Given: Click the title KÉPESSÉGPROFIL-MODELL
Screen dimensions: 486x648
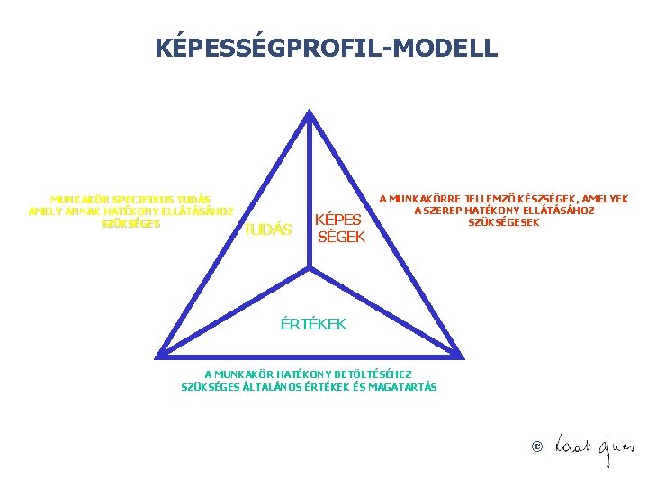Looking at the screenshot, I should pos(326,48).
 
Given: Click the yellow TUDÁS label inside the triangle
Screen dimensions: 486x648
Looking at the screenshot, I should pos(269,229).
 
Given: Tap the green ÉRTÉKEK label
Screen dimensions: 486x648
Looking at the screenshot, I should pos(312,323).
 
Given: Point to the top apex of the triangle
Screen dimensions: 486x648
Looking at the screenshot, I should pos(310,113).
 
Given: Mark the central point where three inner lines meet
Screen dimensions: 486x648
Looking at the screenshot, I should pos(310,267).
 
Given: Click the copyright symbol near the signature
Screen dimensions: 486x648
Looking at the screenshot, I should pos(537,446).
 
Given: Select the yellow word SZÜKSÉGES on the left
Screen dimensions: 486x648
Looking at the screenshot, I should pos(131,223).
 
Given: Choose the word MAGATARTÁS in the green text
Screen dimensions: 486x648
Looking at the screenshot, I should pos(404,387).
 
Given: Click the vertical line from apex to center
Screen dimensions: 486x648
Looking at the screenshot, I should pos(310,189).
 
